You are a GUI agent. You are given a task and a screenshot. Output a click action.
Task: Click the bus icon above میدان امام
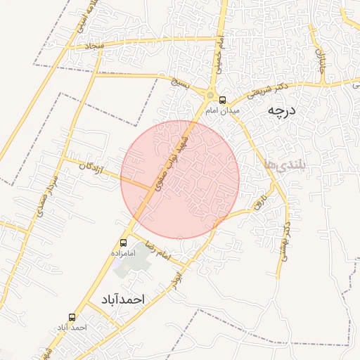coord(223,100)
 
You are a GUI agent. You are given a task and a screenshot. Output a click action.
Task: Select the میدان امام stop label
coord(223,110)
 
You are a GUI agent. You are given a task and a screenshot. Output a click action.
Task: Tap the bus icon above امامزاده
coord(124,243)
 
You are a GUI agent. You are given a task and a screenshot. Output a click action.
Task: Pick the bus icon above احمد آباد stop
coord(72,318)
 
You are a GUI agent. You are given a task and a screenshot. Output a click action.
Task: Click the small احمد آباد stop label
coord(72,328)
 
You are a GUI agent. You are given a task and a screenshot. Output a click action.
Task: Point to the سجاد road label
coord(94,45)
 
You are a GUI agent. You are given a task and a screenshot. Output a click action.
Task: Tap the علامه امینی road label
coord(83,19)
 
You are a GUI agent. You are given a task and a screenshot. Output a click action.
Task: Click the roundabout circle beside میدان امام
coord(210,96)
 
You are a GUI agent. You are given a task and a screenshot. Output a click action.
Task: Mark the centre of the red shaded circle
coord(180,180)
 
